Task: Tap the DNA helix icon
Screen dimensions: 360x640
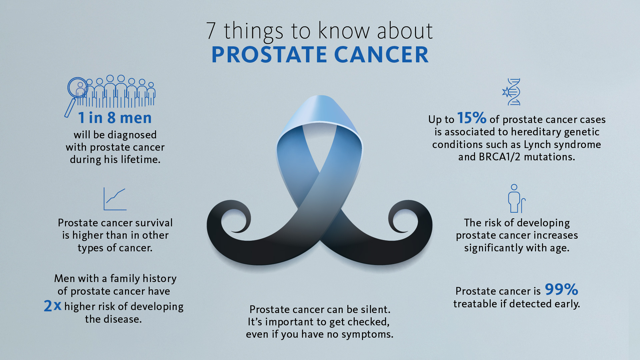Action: (512, 92)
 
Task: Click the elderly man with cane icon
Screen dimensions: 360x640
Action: (515, 199)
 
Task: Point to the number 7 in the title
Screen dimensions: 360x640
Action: (211, 31)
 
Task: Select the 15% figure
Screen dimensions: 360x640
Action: (471, 118)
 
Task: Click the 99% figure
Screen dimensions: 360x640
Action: (561, 289)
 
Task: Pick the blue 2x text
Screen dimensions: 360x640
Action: (53, 306)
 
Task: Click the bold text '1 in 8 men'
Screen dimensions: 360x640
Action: (115, 118)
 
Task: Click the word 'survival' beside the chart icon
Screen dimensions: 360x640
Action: (153, 223)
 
